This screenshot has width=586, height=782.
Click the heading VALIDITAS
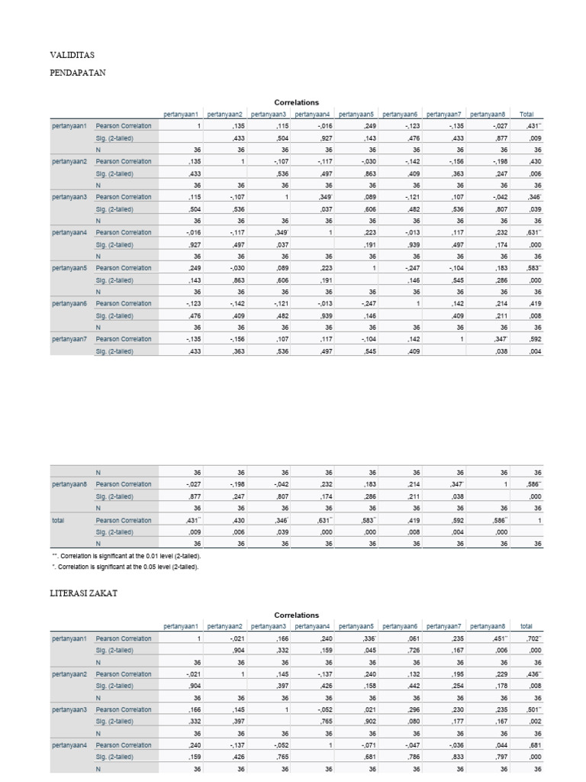click(x=72, y=55)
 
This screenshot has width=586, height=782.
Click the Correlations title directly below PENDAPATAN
click(x=296, y=102)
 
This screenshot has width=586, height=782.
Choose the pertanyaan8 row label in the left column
click(x=69, y=484)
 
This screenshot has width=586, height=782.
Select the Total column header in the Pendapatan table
click(x=526, y=115)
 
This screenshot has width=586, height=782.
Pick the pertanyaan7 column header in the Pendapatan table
click(x=445, y=115)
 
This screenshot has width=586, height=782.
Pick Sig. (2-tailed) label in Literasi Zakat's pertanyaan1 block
click(x=114, y=650)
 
